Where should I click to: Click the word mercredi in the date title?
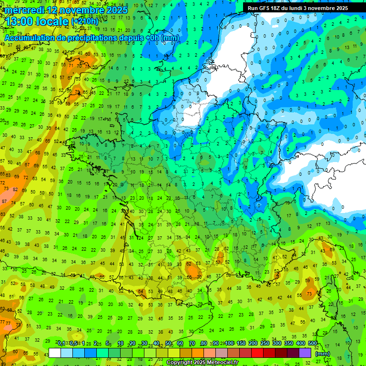pyautogui.click(x=25, y=10)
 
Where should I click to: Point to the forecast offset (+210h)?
pyautogui.click(x=85, y=21)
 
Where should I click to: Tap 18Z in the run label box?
pyautogui.click(x=280, y=8)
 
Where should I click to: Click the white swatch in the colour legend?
pyautogui.click(x=55, y=353)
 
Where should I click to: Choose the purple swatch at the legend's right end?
pyautogui.click(x=305, y=353)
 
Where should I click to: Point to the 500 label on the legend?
pyautogui.click(x=313, y=344)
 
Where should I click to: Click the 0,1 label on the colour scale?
pyautogui.click(x=61, y=344)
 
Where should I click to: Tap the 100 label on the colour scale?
pyautogui.click(x=229, y=344)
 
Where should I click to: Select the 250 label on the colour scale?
pyautogui.click(x=265, y=344)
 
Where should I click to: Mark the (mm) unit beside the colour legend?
pyautogui.click(x=323, y=354)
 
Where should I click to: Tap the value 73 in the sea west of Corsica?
pyautogui.click(x=309, y=294)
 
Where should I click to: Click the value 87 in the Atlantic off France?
pyautogui.click(x=4, y=202)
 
